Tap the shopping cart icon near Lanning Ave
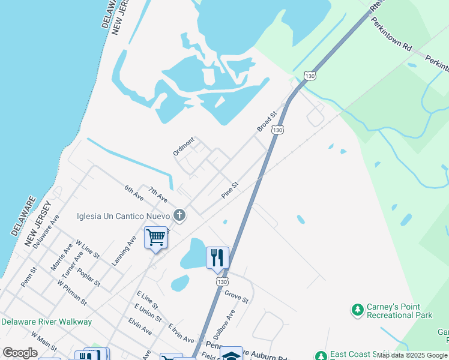click(155, 238)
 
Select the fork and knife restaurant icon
click(217, 257)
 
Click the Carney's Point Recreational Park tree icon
click(357, 310)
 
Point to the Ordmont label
click(184, 146)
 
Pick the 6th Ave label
click(134, 193)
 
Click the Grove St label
click(237, 296)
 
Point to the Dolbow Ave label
click(224, 325)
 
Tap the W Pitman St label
click(72, 291)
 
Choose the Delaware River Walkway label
click(46, 322)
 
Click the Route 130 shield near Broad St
click(277, 129)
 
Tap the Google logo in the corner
click(20, 353)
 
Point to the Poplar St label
click(88, 270)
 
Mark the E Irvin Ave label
click(181, 331)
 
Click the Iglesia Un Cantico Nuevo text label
click(123, 216)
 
